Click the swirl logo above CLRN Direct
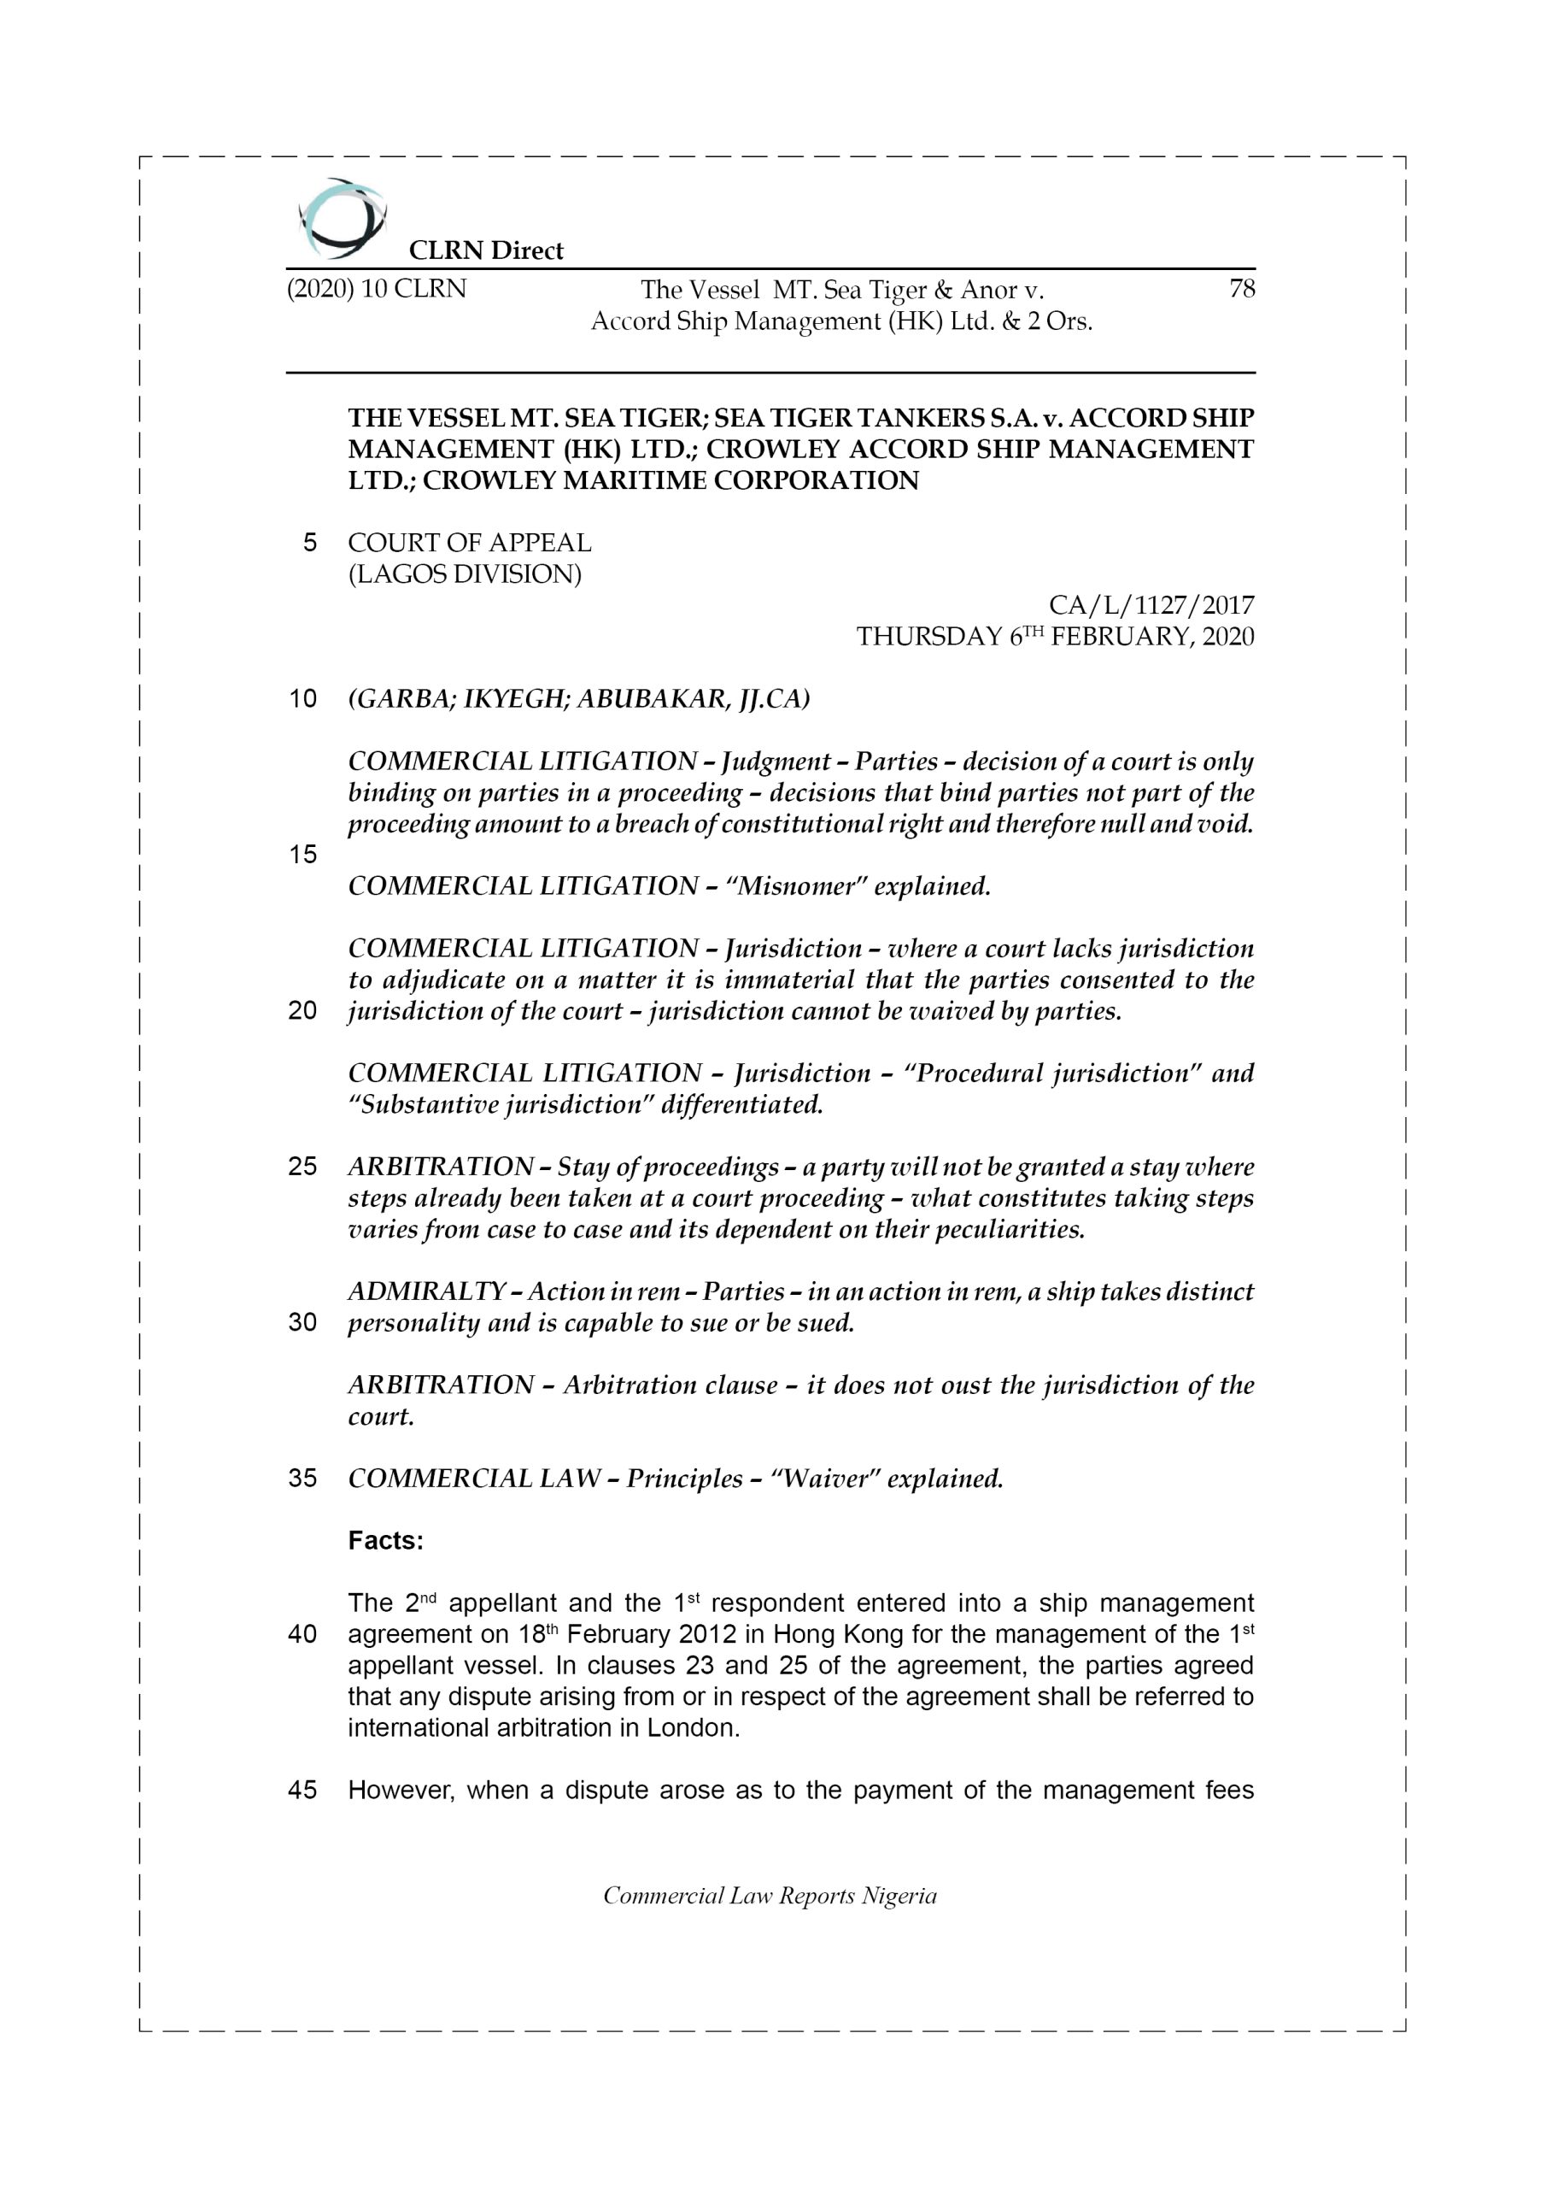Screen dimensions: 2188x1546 pyautogui.click(x=341, y=218)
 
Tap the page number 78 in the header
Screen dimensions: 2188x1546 pyautogui.click(x=1241, y=289)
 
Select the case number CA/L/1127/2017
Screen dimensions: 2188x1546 pyautogui.click(x=1151, y=605)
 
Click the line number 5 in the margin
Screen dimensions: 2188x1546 pyautogui.click(x=309, y=544)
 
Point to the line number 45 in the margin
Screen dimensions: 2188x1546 pyautogui.click(x=302, y=1790)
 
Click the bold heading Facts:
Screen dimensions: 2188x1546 pyautogui.click(x=386, y=1541)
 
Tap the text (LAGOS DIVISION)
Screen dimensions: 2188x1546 pyautogui.click(x=464, y=574)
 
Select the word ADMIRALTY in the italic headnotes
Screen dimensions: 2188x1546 pyautogui.click(x=425, y=1291)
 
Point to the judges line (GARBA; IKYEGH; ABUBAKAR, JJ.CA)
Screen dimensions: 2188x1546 pyautogui.click(x=578, y=699)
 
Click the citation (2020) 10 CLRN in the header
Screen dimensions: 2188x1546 pyautogui.click(x=377, y=289)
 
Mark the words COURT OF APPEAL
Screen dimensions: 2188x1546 pyautogui.click(x=469, y=544)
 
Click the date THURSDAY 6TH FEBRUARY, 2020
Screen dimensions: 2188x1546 pyautogui.click(x=1055, y=637)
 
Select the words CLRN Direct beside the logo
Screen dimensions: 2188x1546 pyautogui.click(x=486, y=250)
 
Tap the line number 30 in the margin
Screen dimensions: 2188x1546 pyautogui.click(x=302, y=1323)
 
